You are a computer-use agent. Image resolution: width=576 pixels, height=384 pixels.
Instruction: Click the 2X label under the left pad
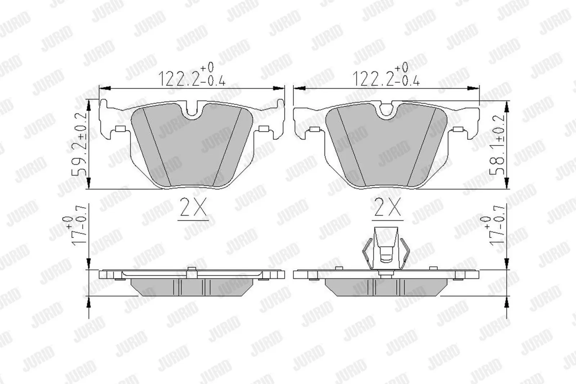click(193, 207)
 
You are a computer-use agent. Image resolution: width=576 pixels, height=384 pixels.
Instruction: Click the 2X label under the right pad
click(387, 207)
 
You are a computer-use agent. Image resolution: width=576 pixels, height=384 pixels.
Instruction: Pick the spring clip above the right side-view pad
click(386, 248)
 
